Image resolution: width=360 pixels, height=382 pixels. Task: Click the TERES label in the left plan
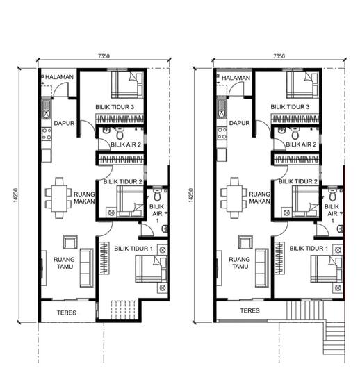[x=66, y=313]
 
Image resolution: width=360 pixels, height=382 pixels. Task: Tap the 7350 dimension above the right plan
[x=279, y=56]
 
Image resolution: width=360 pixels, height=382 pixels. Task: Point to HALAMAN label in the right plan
[x=236, y=78]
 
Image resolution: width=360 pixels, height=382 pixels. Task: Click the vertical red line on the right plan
[x=345, y=208]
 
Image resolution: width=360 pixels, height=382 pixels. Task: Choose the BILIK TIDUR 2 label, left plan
[x=123, y=182]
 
